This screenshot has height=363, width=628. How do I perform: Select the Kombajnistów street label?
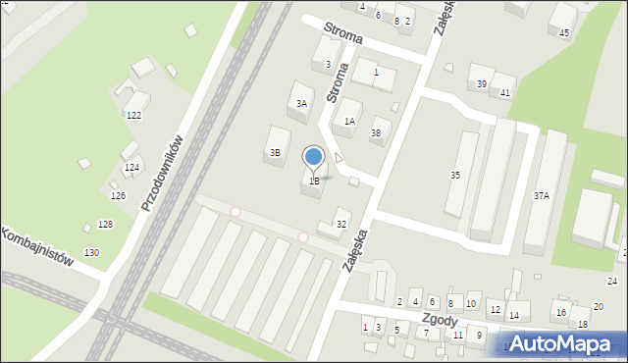(x=37, y=247)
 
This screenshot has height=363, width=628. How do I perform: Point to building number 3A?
(x=302, y=103)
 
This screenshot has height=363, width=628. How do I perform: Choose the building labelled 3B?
(x=276, y=152)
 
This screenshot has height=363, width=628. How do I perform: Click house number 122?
(x=133, y=116)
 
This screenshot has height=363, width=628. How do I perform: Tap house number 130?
(x=91, y=253)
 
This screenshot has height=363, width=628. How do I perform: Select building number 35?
(x=455, y=175)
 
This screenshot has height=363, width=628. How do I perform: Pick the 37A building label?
(x=542, y=196)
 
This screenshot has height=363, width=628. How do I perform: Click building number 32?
(x=341, y=225)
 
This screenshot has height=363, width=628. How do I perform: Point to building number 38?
(x=375, y=133)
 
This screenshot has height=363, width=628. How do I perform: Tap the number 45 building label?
(x=563, y=33)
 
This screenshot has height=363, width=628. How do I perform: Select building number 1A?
(x=349, y=122)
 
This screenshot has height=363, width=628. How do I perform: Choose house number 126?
(x=118, y=196)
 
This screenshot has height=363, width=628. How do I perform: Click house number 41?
(x=505, y=92)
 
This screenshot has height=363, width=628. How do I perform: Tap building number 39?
(x=481, y=84)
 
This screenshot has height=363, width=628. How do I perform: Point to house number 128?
(x=105, y=225)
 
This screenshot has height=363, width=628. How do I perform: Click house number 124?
(x=131, y=168)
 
